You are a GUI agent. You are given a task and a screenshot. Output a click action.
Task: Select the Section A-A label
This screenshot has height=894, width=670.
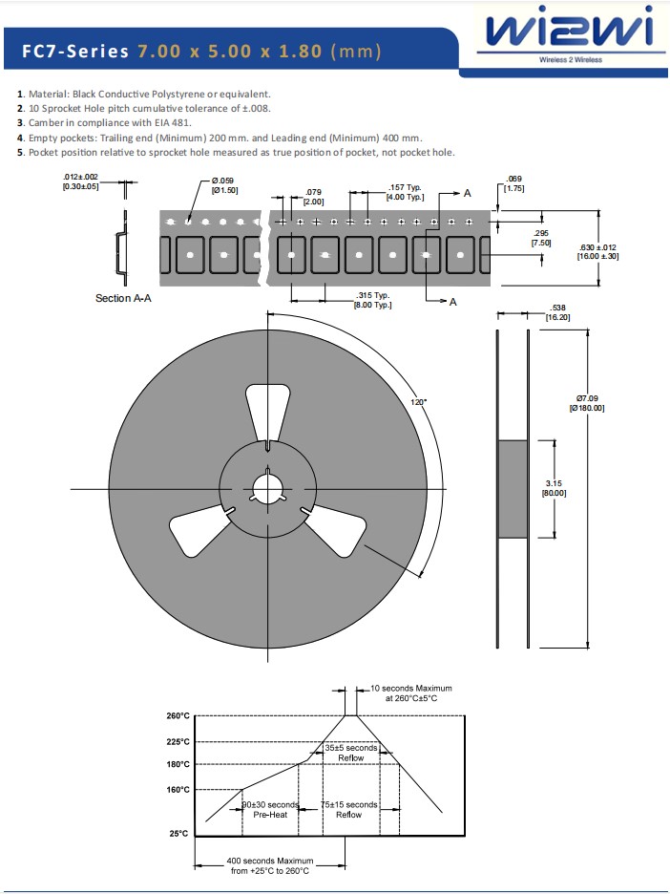(x=123, y=299)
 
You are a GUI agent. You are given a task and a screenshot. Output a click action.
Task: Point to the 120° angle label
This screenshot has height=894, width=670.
(x=418, y=402)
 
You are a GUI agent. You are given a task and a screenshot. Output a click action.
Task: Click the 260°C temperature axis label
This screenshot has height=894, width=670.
(x=178, y=716)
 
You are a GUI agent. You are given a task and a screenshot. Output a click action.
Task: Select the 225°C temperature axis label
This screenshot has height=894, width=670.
(x=178, y=742)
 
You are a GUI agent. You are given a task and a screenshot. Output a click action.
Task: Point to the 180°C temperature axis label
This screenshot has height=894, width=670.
(x=178, y=765)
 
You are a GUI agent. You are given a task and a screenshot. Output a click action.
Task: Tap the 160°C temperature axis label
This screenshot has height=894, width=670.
(x=178, y=790)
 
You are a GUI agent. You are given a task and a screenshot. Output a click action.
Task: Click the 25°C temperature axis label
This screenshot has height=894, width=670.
(x=178, y=834)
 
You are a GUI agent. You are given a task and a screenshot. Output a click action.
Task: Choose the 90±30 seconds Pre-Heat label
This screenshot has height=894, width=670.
(x=270, y=810)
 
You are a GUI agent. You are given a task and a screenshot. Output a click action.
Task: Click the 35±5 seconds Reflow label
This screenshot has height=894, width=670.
(x=350, y=753)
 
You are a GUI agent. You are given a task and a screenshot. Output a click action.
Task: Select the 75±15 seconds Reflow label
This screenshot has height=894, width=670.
(x=348, y=810)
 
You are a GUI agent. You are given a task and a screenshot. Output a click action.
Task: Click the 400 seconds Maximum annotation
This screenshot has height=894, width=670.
(x=269, y=865)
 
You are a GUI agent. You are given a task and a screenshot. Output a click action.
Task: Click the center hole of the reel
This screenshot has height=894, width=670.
(x=268, y=488)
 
